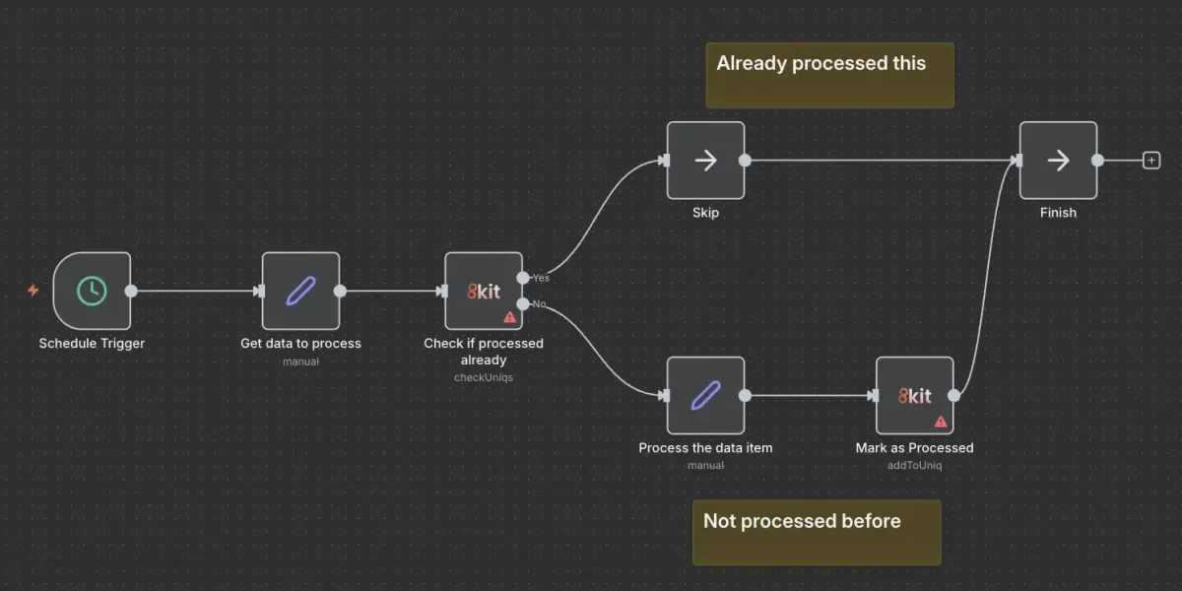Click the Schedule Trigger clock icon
tap(92, 291)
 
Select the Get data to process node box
tap(300, 291)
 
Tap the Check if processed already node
tap(484, 291)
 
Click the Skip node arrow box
tap(705, 161)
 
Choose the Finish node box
tap(1058, 161)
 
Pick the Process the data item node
tap(705, 395)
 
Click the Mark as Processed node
tap(914, 395)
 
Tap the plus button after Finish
tap(1151, 161)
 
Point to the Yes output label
tap(541, 278)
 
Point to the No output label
tap(540, 303)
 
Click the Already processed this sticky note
tap(829, 75)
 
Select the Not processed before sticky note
tap(816, 532)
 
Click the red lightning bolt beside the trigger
tap(33, 291)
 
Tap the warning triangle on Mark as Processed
tap(940, 421)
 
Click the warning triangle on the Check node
tap(509, 317)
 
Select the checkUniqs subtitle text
tap(484, 377)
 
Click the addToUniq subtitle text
tap(914, 465)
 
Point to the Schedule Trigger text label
tap(92, 344)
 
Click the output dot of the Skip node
tap(745, 161)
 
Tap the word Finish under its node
tap(1058, 213)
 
